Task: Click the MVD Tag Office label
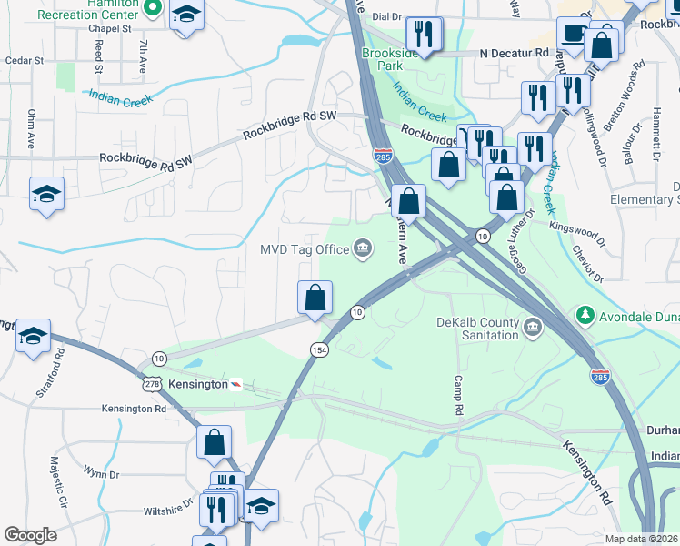pos(305,249)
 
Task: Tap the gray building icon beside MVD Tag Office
pos(363,248)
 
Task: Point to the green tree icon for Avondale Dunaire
pos(585,317)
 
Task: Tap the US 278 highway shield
pos(150,385)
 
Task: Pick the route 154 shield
pos(319,350)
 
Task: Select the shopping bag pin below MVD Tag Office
pos(315,297)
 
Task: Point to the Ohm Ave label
pos(31,129)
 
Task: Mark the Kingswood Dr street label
pos(577,235)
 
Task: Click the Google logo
pos(31,535)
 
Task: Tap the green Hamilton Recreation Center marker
pos(153,10)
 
